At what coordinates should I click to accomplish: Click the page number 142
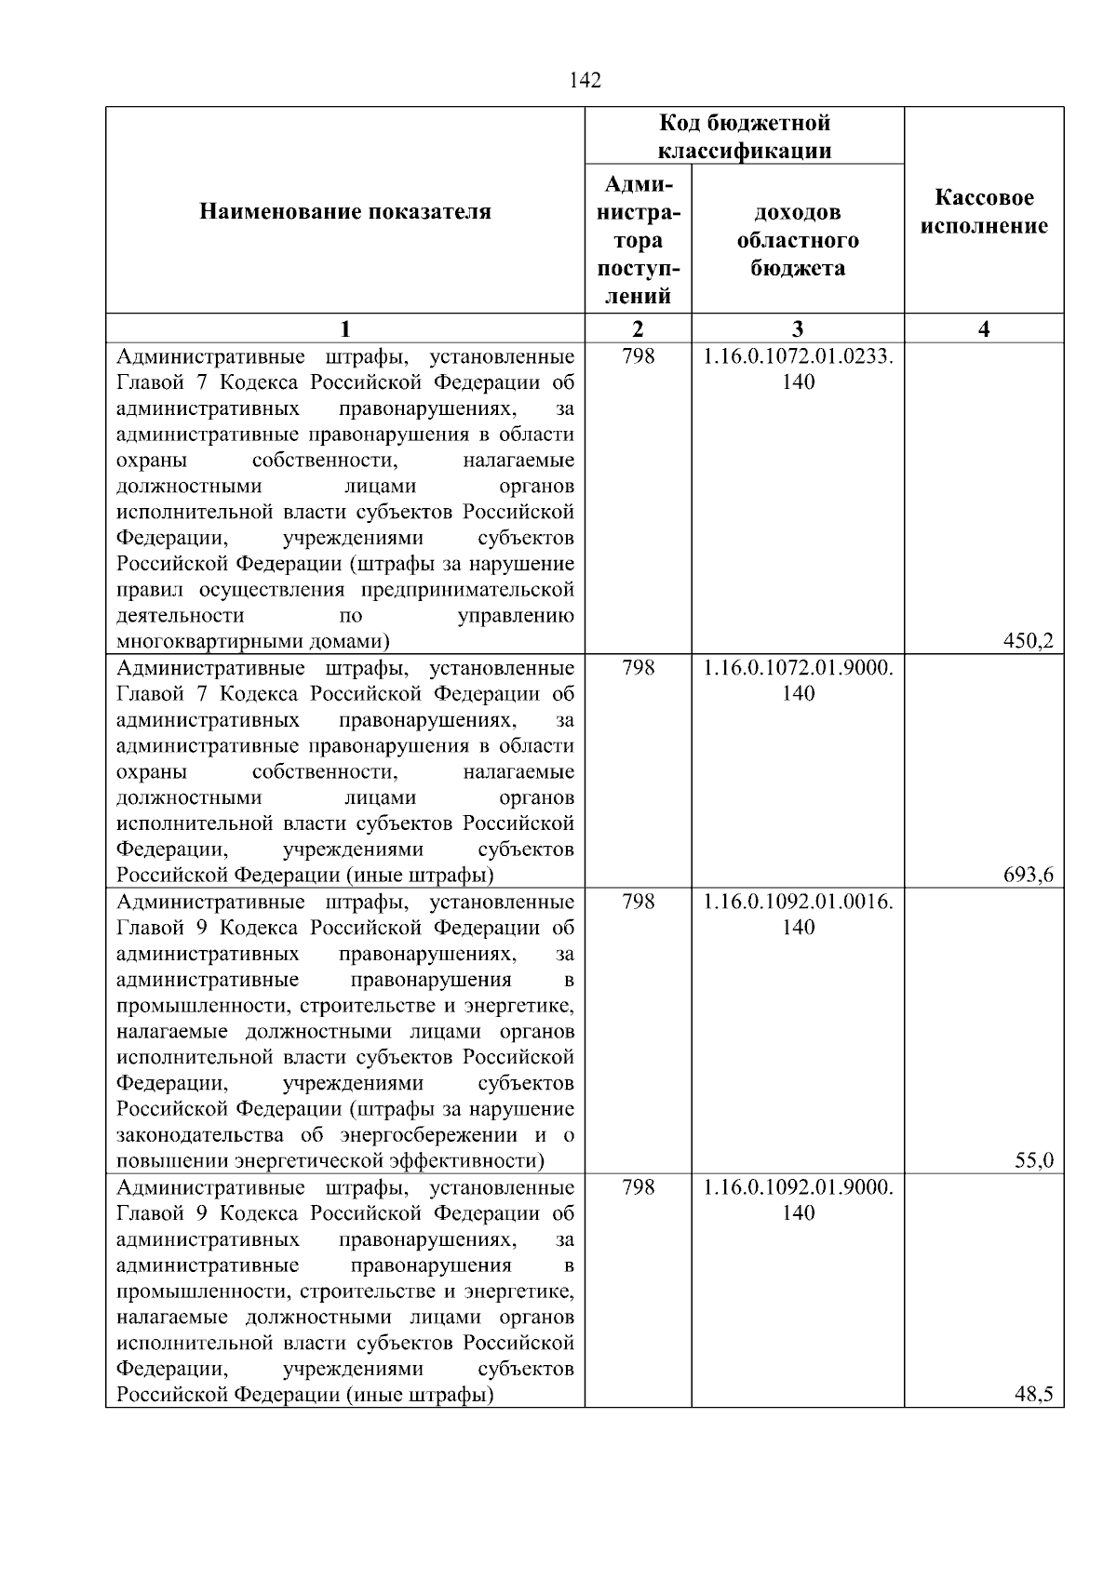(x=585, y=81)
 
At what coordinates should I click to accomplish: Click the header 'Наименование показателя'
(x=345, y=212)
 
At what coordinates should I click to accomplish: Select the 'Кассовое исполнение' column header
(x=984, y=212)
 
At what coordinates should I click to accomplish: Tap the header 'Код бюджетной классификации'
(x=745, y=137)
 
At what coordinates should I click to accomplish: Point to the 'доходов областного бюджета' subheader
(x=798, y=240)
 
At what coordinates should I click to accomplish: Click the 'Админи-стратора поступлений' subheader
(x=638, y=240)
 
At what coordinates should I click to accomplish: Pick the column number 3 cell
(x=798, y=328)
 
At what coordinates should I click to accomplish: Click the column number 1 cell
(x=345, y=328)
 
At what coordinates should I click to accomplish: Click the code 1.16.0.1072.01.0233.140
(x=798, y=368)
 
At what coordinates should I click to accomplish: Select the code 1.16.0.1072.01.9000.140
(x=798, y=680)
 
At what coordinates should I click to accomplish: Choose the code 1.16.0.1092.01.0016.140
(x=798, y=914)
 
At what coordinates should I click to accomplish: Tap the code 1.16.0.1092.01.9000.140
(x=798, y=1199)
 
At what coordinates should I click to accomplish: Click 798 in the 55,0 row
(x=638, y=902)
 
